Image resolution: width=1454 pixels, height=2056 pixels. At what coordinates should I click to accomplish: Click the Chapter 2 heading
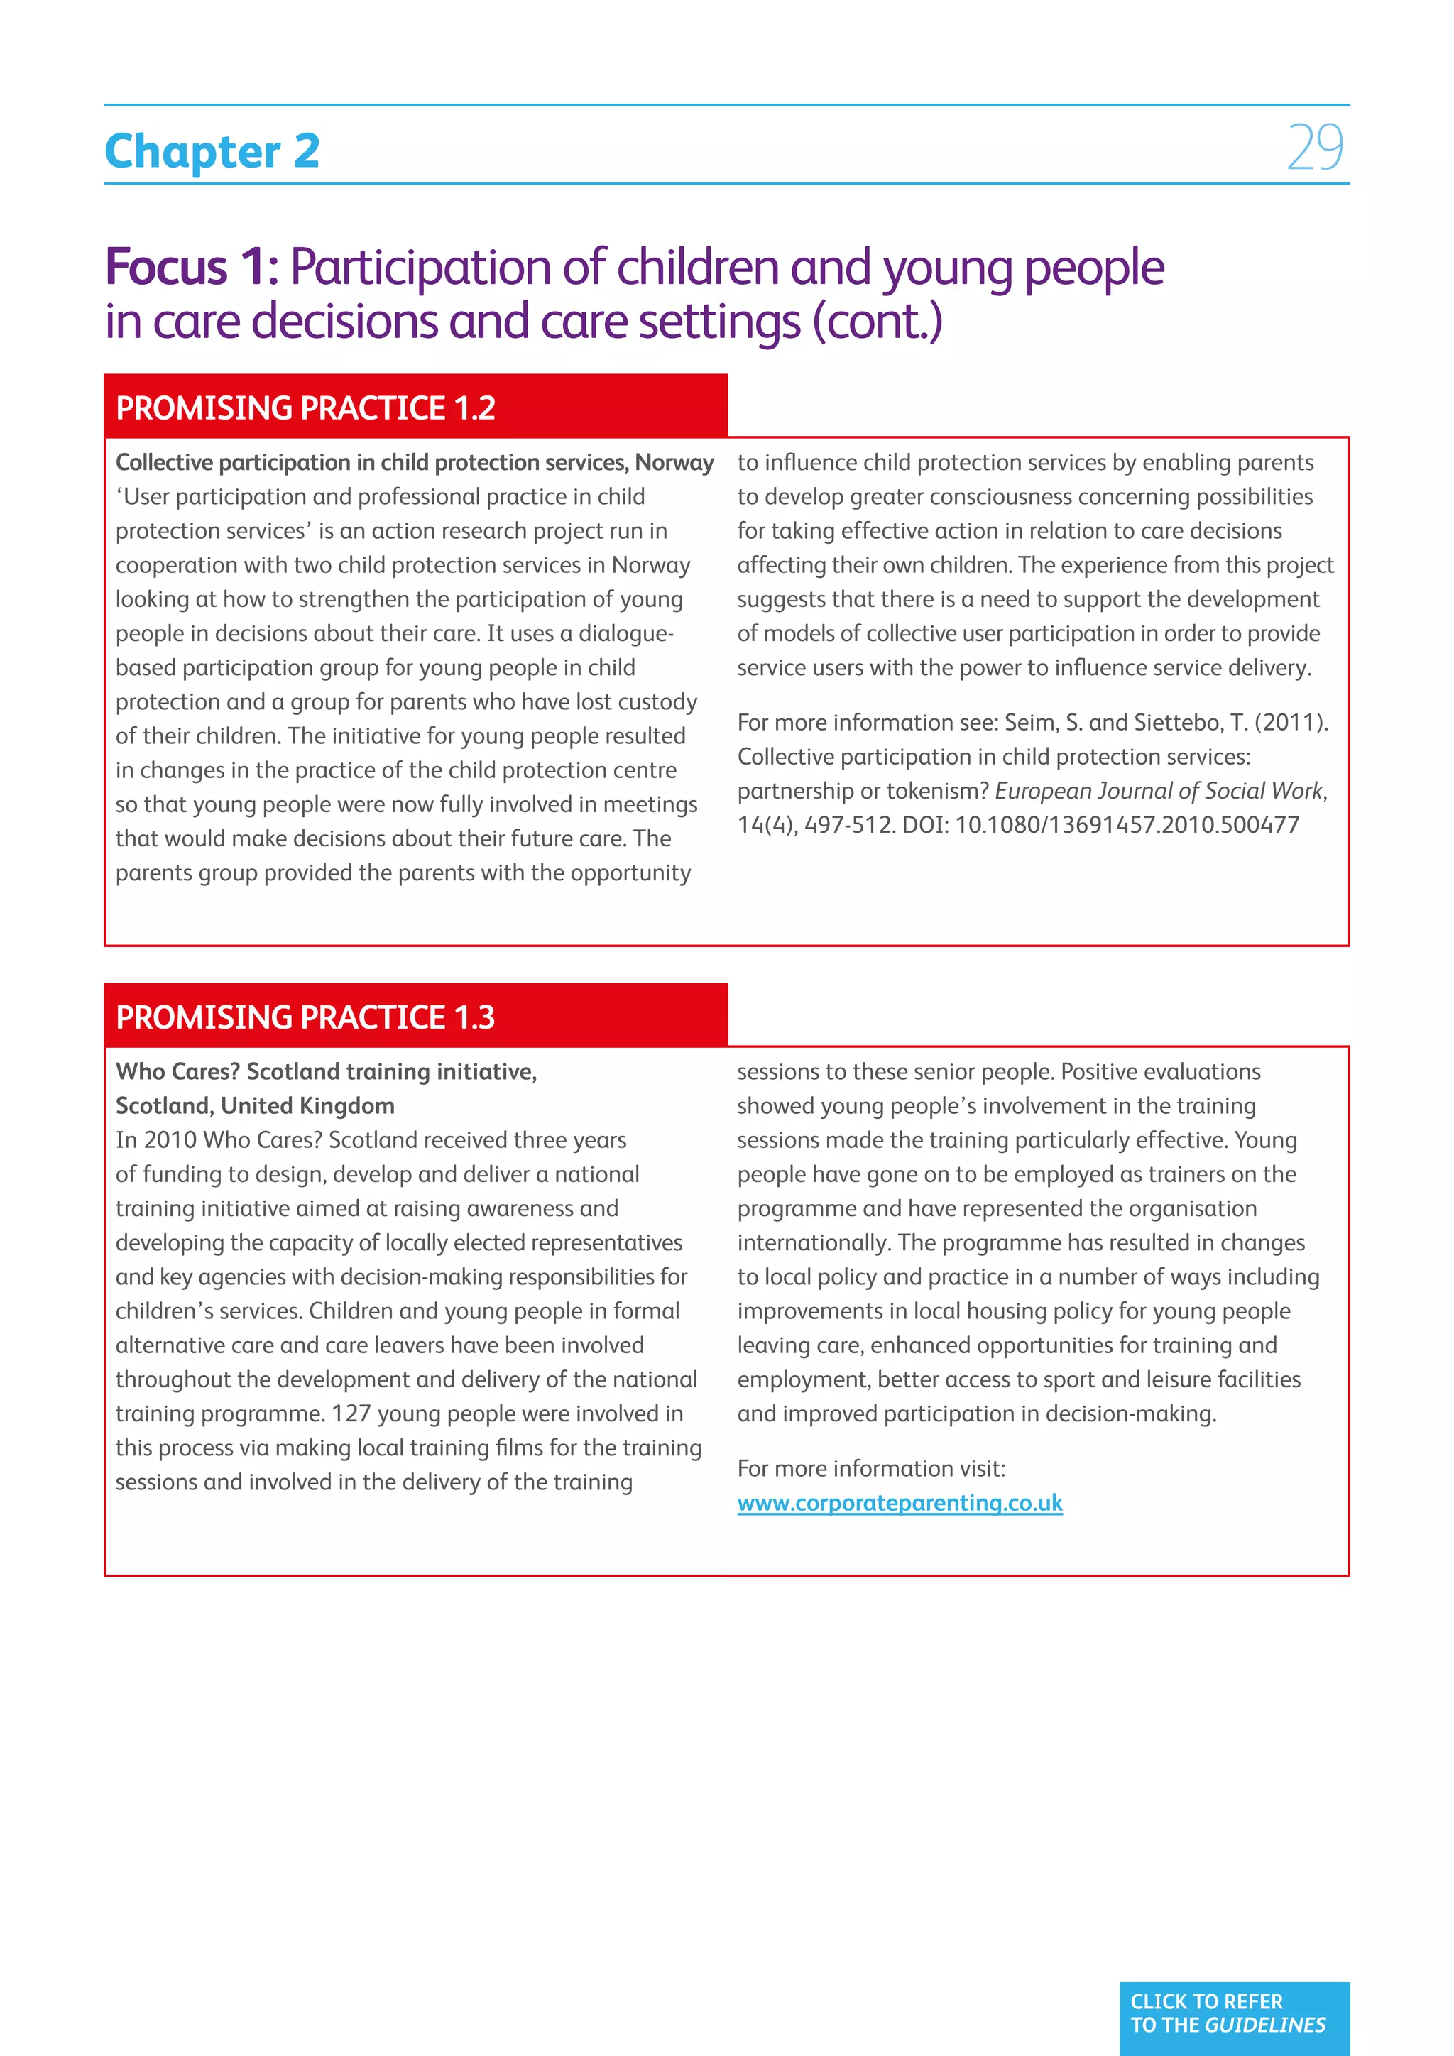pyautogui.click(x=212, y=151)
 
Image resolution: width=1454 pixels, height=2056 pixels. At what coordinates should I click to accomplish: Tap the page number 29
pyautogui.click(x=1316, y=148)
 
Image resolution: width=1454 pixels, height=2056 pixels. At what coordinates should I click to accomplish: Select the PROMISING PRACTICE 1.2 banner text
pyautogui.click(x=305, y=408)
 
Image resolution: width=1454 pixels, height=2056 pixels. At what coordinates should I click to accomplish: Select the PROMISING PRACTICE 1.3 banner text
pyautogui.click(x=305, y=1017)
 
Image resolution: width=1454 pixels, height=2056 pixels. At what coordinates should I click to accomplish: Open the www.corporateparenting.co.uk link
pyautogui.click(x=899, y=1503)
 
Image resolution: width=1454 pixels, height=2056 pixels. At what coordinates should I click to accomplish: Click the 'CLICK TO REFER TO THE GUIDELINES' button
pyautogui.click(x=1233, y=2013)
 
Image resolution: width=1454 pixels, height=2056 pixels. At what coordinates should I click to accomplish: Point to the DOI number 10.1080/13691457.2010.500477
pyautogui.click(x=1126, y=825)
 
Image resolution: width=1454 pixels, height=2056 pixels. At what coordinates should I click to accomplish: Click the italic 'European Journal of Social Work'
pyautogui.click(x=1159, y=791)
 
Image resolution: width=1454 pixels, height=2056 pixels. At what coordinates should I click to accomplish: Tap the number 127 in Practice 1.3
pyautogui.click(x=351, y=1414)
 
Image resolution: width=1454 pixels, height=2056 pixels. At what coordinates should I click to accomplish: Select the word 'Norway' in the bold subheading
pyautogui.click(x=674, y=462)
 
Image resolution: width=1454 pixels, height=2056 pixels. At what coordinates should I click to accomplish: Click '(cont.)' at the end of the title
pyautogui.click(x=878, y=322)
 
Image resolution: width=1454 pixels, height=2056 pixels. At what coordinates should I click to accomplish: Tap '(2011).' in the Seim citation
pyautogui.click(x=1292, y=723)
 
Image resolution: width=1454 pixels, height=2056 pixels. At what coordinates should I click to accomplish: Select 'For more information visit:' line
pyautogui.click(x=871, y=1469)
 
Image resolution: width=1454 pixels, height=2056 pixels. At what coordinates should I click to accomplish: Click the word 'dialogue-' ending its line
pyautogui.click(x=625, y=633)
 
